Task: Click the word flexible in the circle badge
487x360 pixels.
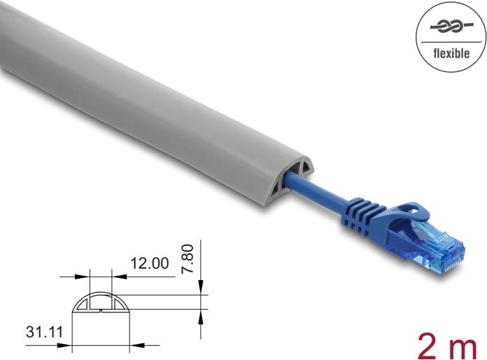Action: click(447, 53)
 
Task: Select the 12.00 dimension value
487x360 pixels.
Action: click(149, 263)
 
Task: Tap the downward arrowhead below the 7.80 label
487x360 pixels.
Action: click(201, 286)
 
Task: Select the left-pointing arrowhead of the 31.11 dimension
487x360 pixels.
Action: click(136, 344)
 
